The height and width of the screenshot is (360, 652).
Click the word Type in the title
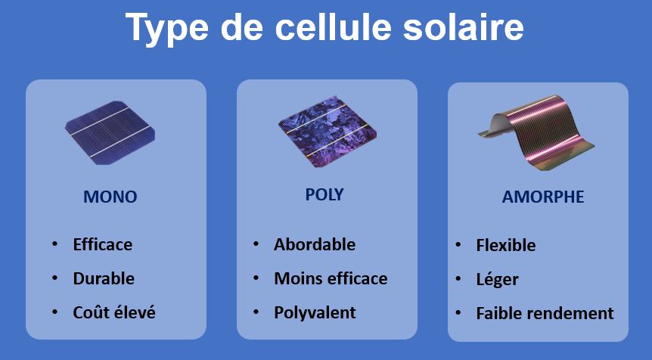coord(166,28)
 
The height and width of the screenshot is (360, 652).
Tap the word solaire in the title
coord(463,27)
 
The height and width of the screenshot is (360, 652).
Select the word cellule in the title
coord(334,27)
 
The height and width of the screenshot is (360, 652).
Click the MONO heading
coord(110,197)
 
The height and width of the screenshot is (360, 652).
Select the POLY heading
coord(324,194)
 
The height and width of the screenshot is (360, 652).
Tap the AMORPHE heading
coord(542,197)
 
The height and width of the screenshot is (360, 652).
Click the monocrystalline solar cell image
coord(110,132)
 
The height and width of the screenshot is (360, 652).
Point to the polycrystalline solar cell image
coord(328,132)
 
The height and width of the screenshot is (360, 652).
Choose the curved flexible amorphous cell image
coord(536,132)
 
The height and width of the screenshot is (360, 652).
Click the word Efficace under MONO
coord(103,244)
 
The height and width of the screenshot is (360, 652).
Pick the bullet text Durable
coord(104,278)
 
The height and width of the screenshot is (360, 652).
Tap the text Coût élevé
coord(114,312)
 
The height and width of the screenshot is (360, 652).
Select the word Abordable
coord(315,244)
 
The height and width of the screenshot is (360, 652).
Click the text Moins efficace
coord(331,278)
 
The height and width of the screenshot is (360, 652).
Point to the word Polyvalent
coord(315,312)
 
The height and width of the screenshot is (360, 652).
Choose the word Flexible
coord(505,245)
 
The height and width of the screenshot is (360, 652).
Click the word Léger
coord(497,279)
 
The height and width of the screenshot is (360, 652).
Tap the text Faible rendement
coord(545,313)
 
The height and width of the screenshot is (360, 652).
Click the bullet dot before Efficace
coord(54,244)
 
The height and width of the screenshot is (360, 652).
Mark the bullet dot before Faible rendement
coord(458,312)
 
